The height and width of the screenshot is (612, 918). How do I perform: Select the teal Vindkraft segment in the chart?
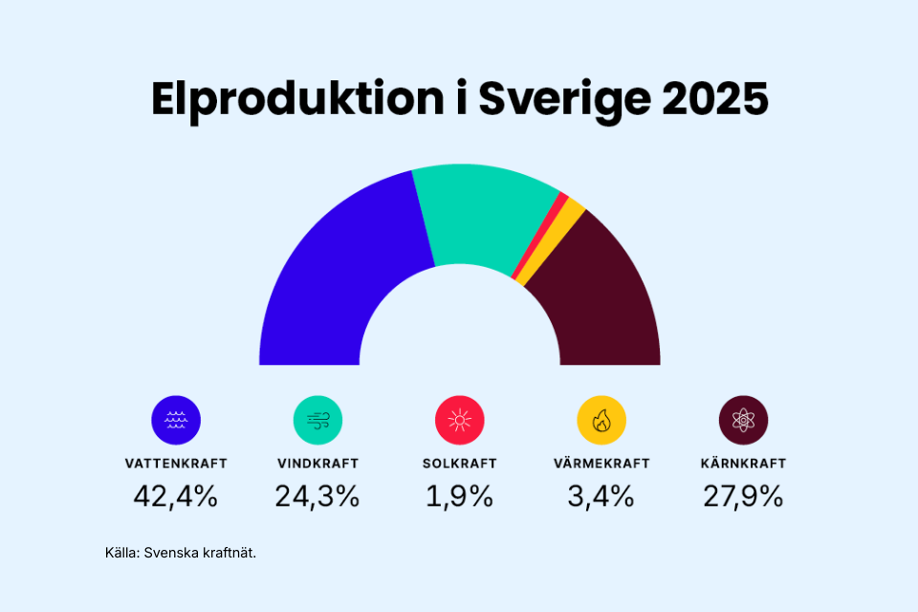(478, 215)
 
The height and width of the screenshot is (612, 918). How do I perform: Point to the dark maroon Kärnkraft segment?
(602, 296)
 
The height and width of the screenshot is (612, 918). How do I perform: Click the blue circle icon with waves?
(176, 420)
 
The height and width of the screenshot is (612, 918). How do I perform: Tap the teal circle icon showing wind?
(317, 420)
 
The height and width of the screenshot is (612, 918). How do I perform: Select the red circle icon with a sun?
(460, 420)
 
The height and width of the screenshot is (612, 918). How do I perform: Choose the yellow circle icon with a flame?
(601, 420)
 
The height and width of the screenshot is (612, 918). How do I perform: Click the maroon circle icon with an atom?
(743, 420)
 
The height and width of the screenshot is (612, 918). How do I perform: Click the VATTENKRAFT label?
(176, 464)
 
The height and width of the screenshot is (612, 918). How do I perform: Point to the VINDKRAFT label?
(317, 464)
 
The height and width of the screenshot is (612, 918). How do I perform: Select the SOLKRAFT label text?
(460, 464)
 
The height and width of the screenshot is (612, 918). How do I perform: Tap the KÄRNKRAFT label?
(743, 464)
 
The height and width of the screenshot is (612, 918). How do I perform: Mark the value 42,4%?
(176, 496)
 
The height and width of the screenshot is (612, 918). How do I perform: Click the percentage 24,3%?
(317, 496)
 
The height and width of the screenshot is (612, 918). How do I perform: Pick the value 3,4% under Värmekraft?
(601, 496)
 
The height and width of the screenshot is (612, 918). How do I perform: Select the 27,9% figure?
(743, 496)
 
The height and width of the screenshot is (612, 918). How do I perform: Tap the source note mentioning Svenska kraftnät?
(181, 553)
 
